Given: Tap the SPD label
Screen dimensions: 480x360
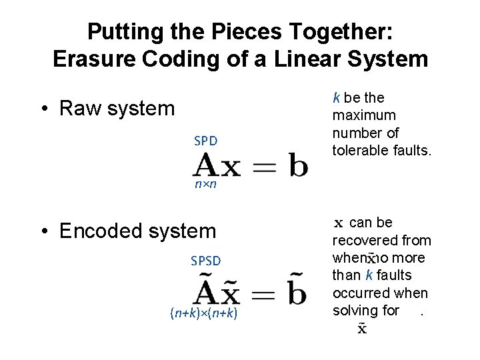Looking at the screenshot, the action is [206, 141].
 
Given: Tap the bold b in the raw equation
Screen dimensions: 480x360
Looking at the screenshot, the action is [298, 165].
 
